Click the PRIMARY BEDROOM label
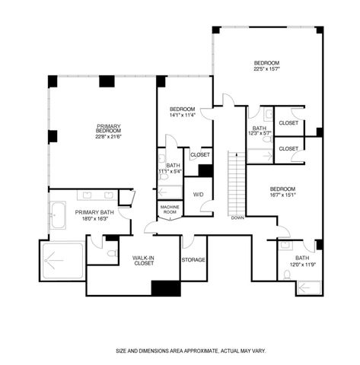click(x=108, y=129)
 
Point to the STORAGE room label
click(x=193, y=260)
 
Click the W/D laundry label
click(x=198, y=195)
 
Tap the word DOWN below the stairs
click(x=237, y=217)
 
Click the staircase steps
click(x=237, y=182)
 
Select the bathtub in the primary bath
click(x=57, y=214)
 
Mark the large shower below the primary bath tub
click(x=62, y=261)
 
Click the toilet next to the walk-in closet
click(x=111, y=252)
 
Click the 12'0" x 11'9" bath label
click(x=301, y=261)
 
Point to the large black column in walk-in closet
click(x=165, y=288)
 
